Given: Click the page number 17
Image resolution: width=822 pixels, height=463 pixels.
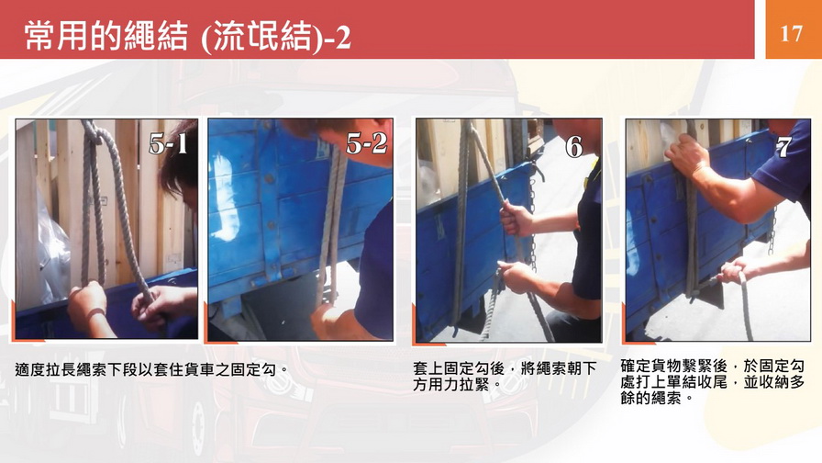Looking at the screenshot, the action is click(791, 34).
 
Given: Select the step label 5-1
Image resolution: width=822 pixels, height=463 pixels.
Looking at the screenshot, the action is click(168, 143).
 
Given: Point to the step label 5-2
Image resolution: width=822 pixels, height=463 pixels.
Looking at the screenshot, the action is click(367, 142).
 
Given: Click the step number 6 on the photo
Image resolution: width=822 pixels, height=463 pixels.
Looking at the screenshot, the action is click(574, 146).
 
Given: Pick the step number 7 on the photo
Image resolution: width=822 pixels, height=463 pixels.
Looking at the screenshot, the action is click(783, 147).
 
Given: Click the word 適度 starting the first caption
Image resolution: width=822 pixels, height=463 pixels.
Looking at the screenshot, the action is click(30, 369).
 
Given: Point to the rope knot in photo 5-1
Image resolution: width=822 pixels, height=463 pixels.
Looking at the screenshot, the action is click(93, 134).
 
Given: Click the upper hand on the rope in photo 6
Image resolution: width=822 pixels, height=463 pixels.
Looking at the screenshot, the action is click(516, 219).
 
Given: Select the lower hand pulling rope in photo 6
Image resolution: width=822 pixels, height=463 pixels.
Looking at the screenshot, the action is click(515, 276).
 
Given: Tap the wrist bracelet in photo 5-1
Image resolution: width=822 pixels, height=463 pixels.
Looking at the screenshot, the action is click(96, 315).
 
